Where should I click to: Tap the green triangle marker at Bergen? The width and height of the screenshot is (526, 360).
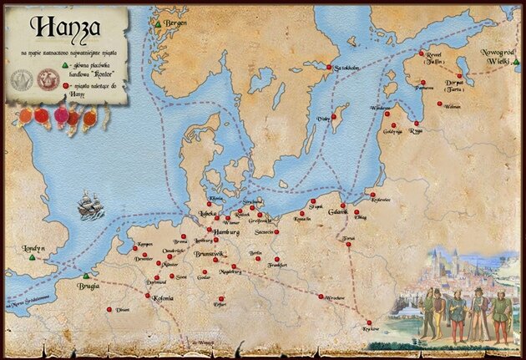coord(157,25)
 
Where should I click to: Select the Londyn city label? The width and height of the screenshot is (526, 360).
coord(28,248)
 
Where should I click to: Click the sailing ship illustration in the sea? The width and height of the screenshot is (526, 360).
coord(90,205)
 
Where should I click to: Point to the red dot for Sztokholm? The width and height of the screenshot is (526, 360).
coord(330,68)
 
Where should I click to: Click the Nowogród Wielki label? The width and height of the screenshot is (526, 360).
coord(499,57)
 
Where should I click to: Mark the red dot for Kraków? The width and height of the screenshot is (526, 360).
coord(368,322)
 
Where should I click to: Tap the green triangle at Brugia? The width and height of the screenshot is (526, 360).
coord(84,276)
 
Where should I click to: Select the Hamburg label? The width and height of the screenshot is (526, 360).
coord(226,231)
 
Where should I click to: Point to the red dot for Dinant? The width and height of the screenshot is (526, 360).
coord(109,309)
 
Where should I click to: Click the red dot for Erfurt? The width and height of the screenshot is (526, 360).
coord(221,298)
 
